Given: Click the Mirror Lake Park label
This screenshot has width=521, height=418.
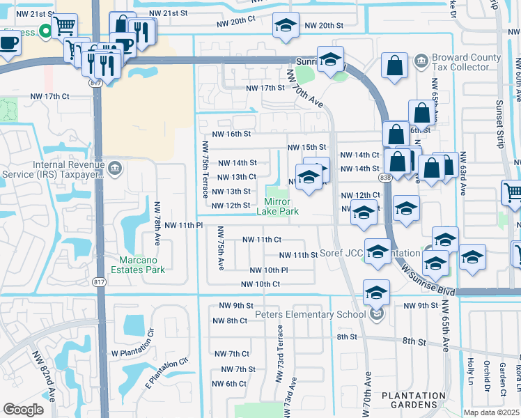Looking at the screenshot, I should (x=282, y=206).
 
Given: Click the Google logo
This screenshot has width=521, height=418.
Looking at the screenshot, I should (x=23, y=409).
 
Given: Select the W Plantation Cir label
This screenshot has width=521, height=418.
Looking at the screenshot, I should (x=137, y=353).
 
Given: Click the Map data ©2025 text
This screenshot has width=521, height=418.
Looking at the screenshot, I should (x=492, y=412).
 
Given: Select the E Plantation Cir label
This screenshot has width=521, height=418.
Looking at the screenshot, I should (x=168, y=374).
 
